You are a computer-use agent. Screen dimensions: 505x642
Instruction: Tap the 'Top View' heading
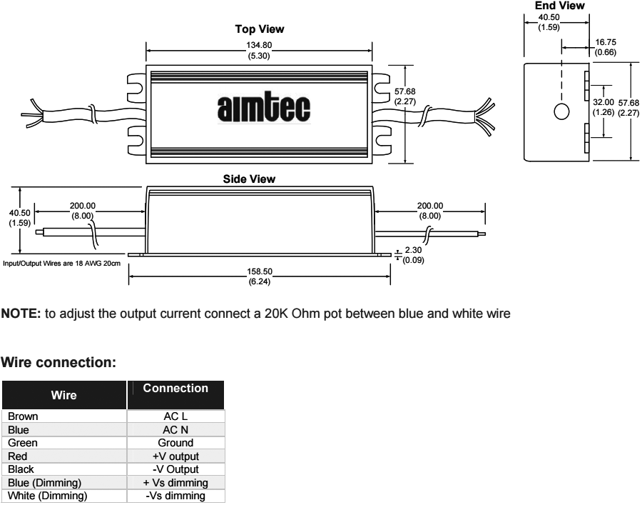[259, 30]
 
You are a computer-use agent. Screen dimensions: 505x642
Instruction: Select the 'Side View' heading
[259, 179]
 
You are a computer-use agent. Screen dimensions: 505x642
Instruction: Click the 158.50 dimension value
[259, 272]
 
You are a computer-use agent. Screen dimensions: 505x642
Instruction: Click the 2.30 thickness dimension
[413, 251]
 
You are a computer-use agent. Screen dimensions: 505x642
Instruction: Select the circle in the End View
[561, 112]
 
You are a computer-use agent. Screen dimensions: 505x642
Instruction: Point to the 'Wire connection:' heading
[59, 363]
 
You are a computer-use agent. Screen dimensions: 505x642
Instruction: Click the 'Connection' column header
[175, 389]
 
